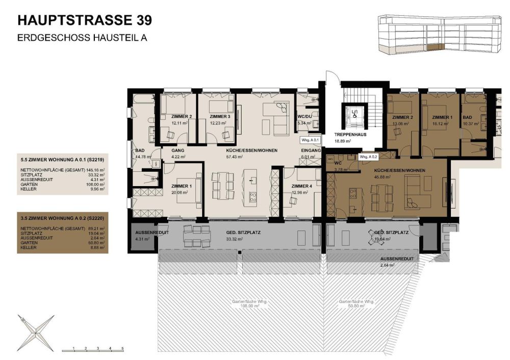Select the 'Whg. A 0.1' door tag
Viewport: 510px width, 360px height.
click(310, 139)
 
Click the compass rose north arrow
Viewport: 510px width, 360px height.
click(38, 331)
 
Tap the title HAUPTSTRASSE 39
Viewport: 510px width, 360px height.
click(84, 20)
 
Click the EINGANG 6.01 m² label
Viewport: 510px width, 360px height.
click(311, 154)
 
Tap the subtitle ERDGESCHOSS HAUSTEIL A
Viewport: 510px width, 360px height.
click(82, 37)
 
